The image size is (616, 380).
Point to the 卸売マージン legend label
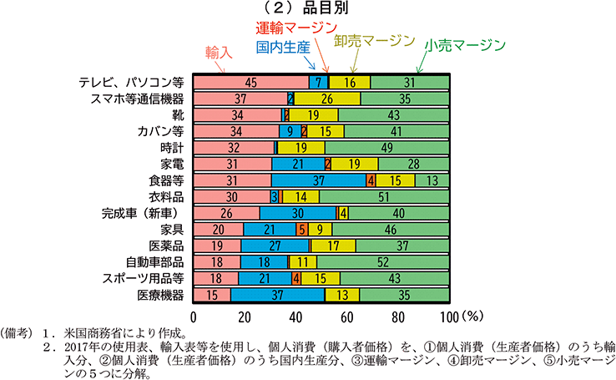tap(374, 40)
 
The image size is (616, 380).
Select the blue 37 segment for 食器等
tap(318, 180)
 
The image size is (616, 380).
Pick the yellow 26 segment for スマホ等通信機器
tap(327, 98)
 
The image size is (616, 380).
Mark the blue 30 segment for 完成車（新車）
tap(298, 212)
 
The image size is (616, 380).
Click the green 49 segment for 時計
tap(387, 147)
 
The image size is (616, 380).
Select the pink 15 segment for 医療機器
tap(212, 294)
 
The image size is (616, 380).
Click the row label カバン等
tap(161, 130)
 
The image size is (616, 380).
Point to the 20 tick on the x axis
tap(245, 317)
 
